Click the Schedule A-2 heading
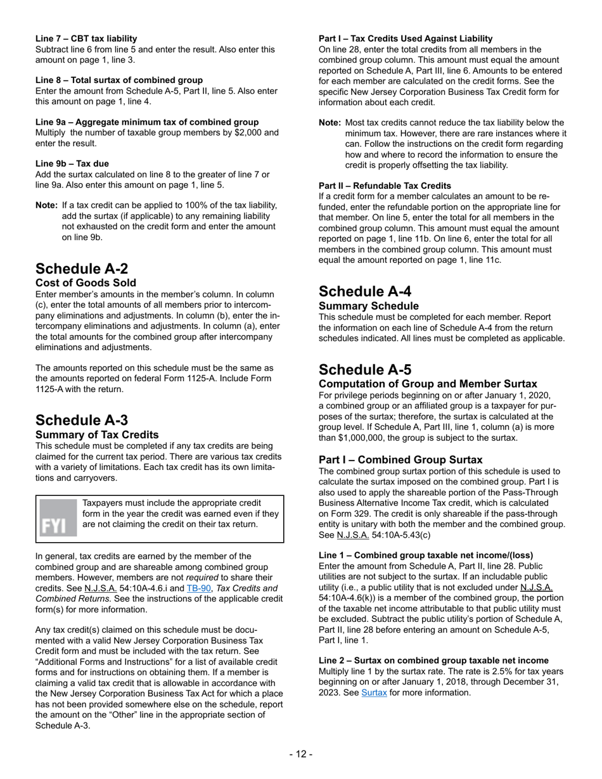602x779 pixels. pos(82,268)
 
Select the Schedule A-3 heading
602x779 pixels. pos(82,420)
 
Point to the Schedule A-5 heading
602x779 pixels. pos(365,369)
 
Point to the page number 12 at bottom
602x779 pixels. pos(301,754)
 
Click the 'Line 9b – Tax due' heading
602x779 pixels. pos(72,163)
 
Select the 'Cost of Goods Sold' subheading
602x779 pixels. pos(86,282)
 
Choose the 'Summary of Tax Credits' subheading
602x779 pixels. pos(97,434)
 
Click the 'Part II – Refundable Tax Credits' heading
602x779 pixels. pos(385,186)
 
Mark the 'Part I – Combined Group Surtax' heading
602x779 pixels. pos(400,459)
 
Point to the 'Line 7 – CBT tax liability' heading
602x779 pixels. pos(86,39)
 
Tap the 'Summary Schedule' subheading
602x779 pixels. pos(369,305)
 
